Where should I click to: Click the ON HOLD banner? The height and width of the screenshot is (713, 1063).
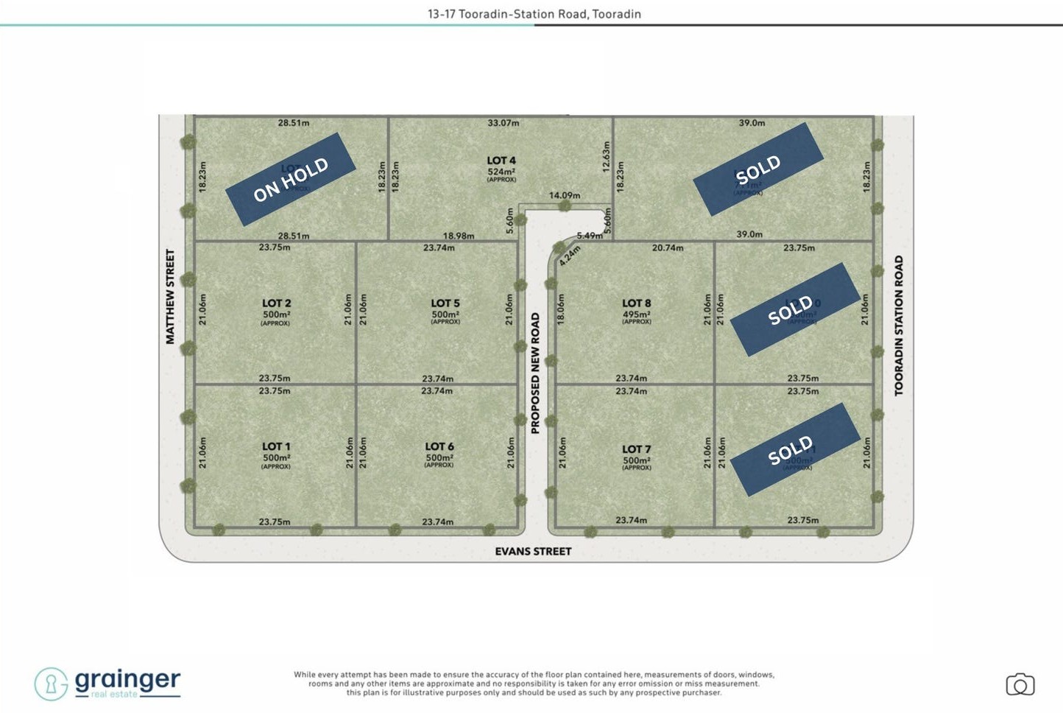click(x=291, y=180)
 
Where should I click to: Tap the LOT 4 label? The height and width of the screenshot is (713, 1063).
click(x=501, y=161)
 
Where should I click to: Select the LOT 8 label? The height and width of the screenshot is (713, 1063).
click(x=636, y=303)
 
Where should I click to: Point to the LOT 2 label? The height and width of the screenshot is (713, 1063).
click(x=276, y=303)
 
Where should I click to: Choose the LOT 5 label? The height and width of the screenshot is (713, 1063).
click(x=445, y=303)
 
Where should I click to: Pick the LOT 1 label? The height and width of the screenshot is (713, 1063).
click(x=276, y=446)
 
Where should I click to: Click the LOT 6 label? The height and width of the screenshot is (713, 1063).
click(x=439, y=446)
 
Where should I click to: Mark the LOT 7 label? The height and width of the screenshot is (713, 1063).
click(x=636, y=449)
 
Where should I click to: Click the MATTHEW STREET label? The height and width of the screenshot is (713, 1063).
click(x=170, y=296)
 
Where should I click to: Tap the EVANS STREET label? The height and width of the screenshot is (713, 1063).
click(x=533, y=551)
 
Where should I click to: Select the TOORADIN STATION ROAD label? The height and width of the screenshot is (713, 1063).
click(x=898, y=326)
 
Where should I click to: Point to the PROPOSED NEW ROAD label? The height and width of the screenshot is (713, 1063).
click(x=535, y=373)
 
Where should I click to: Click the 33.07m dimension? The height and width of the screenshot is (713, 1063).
click(x=503, y=123)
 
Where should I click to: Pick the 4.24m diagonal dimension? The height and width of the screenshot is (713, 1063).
click(x=569, y=256)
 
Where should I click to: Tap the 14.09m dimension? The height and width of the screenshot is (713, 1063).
click(x=565, y=195)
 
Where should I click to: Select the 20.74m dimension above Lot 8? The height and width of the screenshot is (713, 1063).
click(x=667, y=248)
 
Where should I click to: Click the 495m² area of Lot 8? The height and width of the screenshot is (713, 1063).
click(x=636, y=315)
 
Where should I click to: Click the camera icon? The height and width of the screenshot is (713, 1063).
click(x=1020, y=685)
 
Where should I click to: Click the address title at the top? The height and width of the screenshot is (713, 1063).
click(x=534, y=14)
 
